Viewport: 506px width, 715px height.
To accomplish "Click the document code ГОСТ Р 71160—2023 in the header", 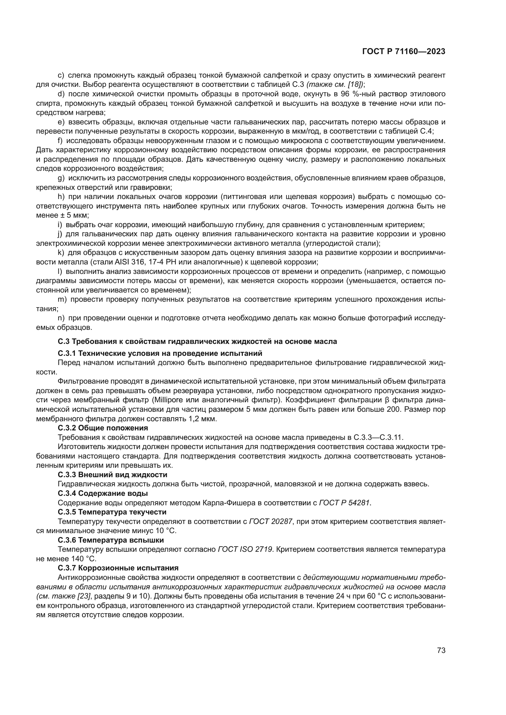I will point(404,52).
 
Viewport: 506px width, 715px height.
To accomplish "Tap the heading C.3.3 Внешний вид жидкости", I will point(113,475).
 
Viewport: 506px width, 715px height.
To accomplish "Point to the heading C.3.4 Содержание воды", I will point(103,493).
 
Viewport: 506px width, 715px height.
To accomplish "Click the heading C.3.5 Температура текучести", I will point(112,512).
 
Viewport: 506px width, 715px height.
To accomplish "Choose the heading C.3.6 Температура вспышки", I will point(111,540).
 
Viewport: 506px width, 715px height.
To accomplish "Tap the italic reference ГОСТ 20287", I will point(271,521).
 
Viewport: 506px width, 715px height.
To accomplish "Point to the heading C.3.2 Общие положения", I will point(103,428).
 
